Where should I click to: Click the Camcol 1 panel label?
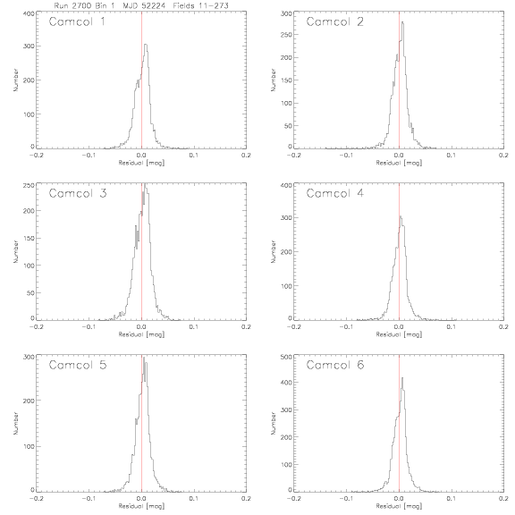pyautogui.click(x=77, y=21)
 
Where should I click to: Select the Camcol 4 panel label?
pyautogui.click(x=334, y=193)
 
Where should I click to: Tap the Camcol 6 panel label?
pyautogui.click(x=335, y=365)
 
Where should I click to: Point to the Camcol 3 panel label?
pyautogui.click(x=78, y=193)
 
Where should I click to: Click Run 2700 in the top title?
pyautogui.click(x=72, y=5)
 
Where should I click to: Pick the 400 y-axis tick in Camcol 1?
pyautogui.click(x=29, y=13)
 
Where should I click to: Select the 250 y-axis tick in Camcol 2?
pyautogui.click(x=286, y=35)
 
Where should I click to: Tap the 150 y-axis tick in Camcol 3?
pyautogui.click(x=29, y=238)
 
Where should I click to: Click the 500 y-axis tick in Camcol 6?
pyautogui.click(x=286, y=357)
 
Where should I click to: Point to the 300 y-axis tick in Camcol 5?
pyautogui.click(x=29, y=357)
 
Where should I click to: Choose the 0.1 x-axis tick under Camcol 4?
pyautogui.click(x=452, y=327)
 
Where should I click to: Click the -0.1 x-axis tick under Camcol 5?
pyautogui.click(x=89, y=499)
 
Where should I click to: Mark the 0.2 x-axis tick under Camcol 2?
pyautogui.click(x=504, y=156)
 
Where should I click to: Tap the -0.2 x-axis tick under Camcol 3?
pyautogui.click(x=36, y=327)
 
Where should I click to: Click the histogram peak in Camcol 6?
pyautogui.click(x=402, y=377)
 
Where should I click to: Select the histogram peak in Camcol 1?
pyautogui.click(x=146, y=45)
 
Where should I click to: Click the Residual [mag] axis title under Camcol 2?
pyautogui.click(x=399, y=163)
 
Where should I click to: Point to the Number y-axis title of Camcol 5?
pyautogui.click(x=15, y=424)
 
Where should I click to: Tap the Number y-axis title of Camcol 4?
pyautogui.click(x=273, y=251)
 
